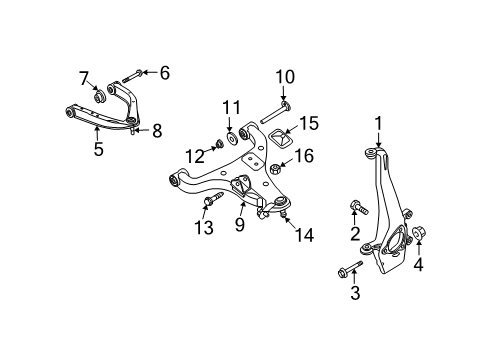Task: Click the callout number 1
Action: point(378,122)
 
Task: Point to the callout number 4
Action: point(419,265)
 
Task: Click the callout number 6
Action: point(165,71)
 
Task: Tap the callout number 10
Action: point(285,77)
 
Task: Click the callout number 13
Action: point(231,106)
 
